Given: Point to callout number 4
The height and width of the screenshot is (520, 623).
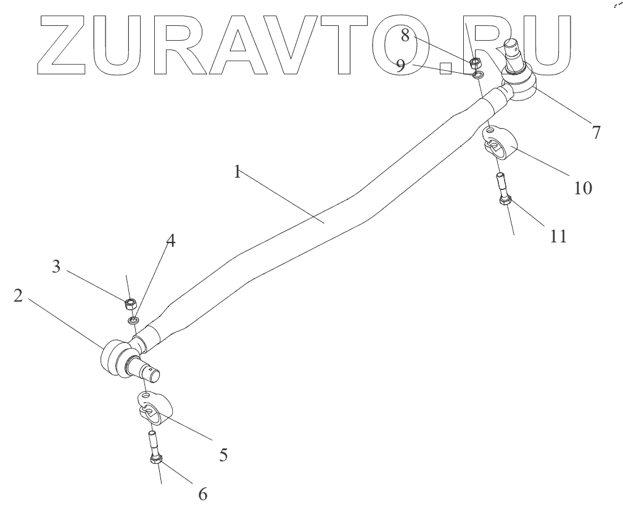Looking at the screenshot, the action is (x=171, y=241).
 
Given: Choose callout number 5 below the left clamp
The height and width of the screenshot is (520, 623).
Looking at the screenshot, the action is (x=223, y=455).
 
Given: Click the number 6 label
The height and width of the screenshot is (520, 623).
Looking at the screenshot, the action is (x=202, y=493).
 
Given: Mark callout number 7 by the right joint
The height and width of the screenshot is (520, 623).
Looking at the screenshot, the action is (x=595, y=132).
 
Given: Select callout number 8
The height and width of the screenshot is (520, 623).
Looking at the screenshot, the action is (x=405, y=35).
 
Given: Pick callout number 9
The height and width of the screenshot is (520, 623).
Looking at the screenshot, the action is (x=401, y=66).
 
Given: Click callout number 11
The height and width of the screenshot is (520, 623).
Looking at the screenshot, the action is (x=558, y=236).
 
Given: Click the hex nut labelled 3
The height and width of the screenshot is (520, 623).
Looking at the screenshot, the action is (x=130, y=303).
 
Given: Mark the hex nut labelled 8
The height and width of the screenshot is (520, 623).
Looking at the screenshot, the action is (x=476, y=62).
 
